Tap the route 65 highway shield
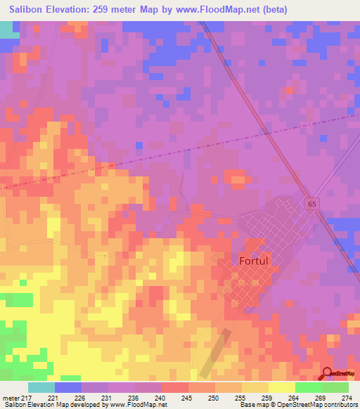coord(311,203)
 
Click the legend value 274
coord(347,398)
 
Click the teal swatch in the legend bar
coord(41,387)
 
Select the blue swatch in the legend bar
coord(68,387)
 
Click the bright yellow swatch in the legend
coord(281,387)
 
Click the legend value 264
coord(294,398)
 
